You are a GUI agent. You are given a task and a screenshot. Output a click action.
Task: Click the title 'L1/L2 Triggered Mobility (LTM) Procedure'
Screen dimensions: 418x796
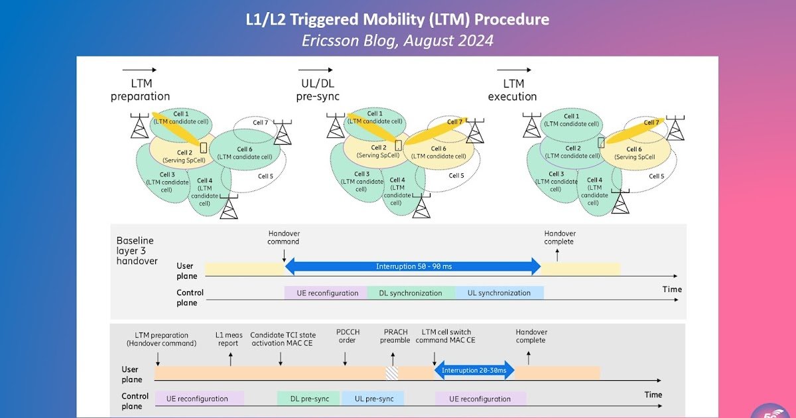[397, 19]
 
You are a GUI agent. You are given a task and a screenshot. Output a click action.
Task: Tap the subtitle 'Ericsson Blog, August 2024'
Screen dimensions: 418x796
[397, 40]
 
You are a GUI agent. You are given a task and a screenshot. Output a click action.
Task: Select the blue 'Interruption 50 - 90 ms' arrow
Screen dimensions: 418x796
[413, 267]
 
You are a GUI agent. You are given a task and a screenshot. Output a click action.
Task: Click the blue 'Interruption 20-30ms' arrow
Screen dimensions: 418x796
[474, 370]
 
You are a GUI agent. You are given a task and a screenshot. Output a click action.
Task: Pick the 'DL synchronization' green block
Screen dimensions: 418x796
[411, 293]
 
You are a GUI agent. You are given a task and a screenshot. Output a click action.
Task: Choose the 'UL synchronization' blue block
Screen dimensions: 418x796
[499, 293]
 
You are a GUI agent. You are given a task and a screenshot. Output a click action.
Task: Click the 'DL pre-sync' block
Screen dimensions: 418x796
[310, 399]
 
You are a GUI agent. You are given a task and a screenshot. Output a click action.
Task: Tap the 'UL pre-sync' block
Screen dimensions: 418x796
[373, 399]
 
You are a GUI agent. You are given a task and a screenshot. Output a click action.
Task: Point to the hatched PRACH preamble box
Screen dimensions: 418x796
[392, 373]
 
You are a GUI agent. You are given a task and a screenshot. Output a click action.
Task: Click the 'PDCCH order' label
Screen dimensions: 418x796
[347, 336]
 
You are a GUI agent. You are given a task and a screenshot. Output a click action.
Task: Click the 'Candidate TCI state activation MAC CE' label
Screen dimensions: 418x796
[283, 339]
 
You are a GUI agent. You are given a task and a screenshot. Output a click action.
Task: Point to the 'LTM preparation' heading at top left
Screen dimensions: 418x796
[140, 90]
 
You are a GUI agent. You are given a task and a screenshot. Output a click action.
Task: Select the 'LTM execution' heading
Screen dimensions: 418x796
[513, 90]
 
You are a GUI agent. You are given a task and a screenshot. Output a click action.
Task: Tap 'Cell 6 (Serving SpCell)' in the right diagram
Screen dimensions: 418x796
[634, 153]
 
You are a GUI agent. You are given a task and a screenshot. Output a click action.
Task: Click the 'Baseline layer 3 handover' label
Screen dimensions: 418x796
[137, 251]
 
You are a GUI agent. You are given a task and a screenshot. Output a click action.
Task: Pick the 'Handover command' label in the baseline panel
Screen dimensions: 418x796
[284, 238]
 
